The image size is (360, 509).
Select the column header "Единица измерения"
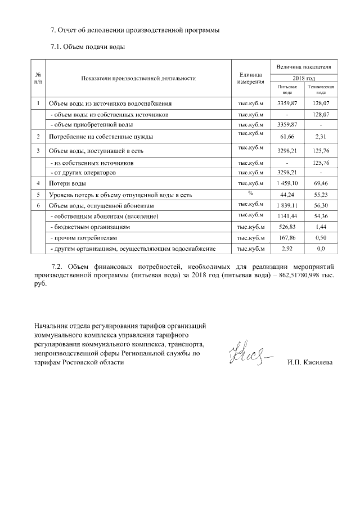click(x=251, y=79)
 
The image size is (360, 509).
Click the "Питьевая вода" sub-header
click(x=287, y=90)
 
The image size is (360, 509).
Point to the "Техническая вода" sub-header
click(x=320, y=90)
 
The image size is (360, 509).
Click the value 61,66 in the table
click(x=287, y=137)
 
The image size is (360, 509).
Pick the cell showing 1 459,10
click(x=287, y=183)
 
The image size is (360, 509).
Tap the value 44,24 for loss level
click(x=287, y=195)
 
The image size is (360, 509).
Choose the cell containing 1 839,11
click(x=287, y=206)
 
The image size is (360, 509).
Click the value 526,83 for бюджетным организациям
click(x=287, y=227)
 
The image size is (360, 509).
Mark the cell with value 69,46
click(x=320, y=183)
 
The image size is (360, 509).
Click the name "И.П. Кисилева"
click(x=309, y=362)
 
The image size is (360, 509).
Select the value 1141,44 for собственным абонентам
click(x=287, y=217)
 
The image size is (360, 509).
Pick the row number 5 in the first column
click(x=38, y=195)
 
